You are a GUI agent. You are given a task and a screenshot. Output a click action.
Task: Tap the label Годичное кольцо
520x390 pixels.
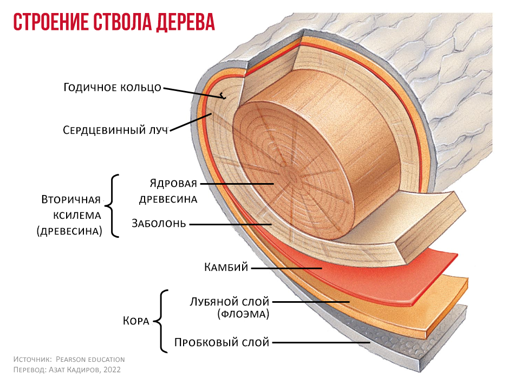(113, 88)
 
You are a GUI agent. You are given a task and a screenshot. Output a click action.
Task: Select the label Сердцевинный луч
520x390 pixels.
(115, 130)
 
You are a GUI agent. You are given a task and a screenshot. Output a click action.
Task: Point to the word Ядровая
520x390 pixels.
(173, 183)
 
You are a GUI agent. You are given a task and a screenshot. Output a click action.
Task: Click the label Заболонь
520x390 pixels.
(159, 223)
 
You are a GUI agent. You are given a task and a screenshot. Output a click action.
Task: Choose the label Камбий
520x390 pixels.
(226, 267)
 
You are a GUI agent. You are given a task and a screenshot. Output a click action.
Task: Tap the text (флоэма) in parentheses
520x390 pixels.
(243, 314)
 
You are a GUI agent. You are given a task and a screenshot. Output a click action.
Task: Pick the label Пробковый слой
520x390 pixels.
(222, 342)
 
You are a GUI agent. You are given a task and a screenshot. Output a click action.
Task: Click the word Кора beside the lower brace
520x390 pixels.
(136, 321)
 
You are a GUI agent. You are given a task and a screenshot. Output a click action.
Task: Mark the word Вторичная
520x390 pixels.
(71, 200)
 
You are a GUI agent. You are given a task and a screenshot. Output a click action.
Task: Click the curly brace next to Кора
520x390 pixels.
(162, 321)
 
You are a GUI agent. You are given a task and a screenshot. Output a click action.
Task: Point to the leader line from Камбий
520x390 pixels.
(287, 268)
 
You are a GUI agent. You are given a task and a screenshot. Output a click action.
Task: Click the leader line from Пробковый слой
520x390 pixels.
(321, 342)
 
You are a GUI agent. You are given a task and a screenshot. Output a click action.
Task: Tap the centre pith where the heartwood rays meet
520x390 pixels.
(292, 174)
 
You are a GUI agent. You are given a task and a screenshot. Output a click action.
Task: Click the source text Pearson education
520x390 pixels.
(90, 359)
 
